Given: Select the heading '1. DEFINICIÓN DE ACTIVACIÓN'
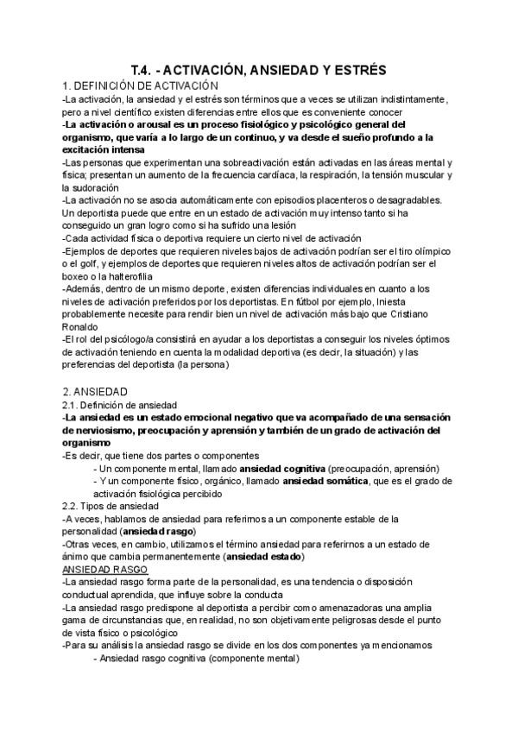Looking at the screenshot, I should [140, 86].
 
